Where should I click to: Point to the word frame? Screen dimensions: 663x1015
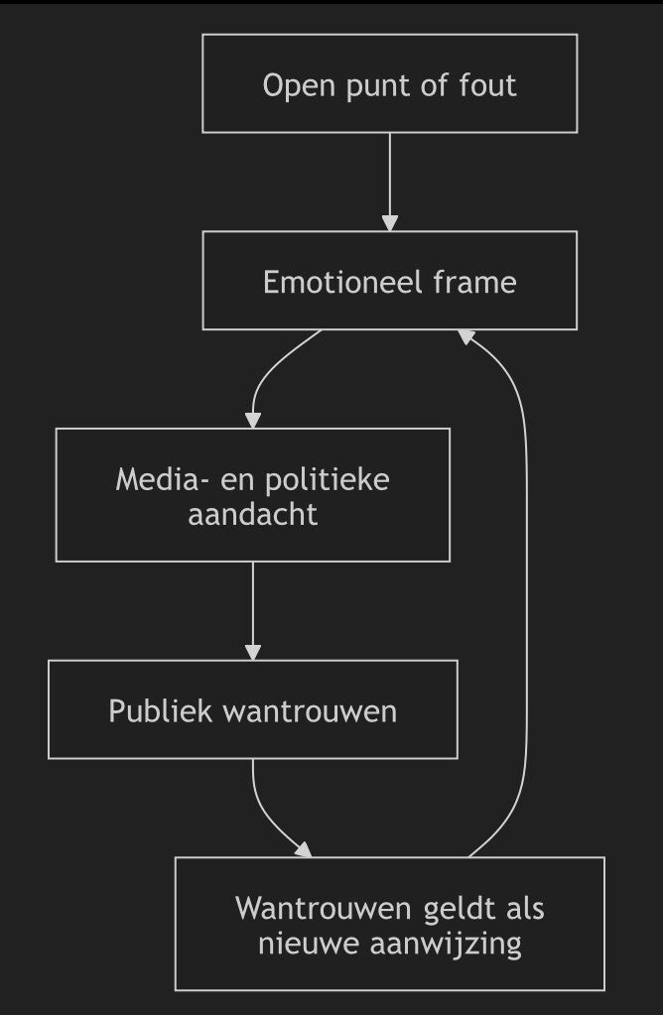(474, 282)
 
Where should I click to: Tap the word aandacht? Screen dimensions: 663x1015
(252, 515)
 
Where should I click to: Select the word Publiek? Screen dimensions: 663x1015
(161, 710)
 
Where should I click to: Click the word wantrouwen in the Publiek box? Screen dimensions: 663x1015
(310, 711)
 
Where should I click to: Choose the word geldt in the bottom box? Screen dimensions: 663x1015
(460, 908)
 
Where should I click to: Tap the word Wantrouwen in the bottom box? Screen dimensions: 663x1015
(325, 908)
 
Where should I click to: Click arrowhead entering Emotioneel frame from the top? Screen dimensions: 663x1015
(390, 223)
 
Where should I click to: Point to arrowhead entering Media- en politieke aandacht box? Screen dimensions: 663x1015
(253, 420)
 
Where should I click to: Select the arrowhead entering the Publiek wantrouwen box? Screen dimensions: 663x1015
(253, 653)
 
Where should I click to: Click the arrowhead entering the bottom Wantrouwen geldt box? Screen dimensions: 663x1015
(305, 849)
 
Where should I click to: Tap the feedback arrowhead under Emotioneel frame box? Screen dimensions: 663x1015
(466, 336)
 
